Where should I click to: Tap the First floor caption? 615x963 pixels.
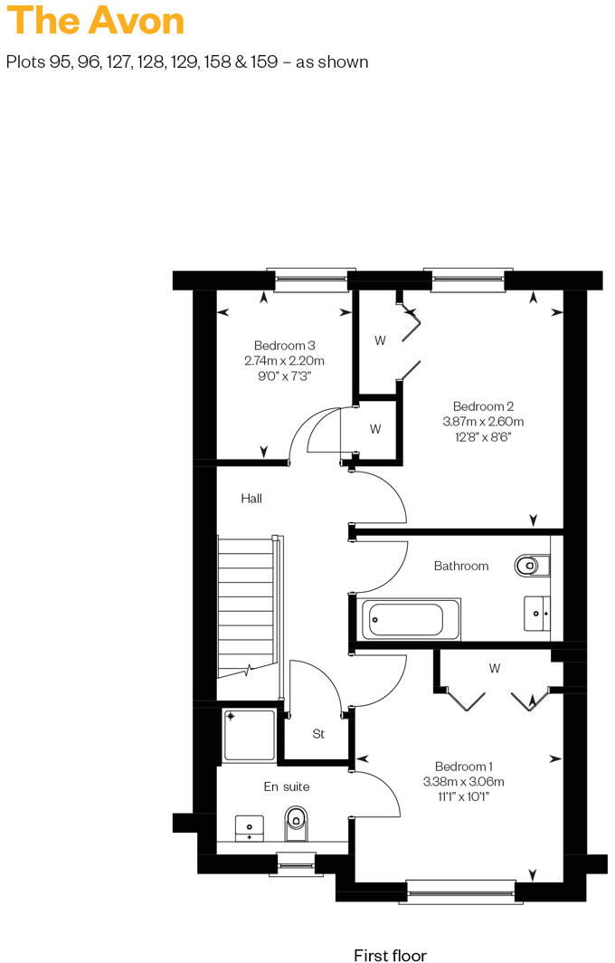(390, 954)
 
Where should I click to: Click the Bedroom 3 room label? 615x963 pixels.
(284, 346)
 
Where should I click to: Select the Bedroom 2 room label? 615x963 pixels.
(483, 406)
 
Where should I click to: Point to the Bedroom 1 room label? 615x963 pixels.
(463, 765)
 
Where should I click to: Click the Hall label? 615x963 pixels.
(251, 498)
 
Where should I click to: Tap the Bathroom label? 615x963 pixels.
(461, 566)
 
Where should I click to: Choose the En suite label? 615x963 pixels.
(287, 787)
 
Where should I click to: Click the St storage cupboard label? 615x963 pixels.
(318, 734)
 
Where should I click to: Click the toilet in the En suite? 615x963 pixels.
(296, 823)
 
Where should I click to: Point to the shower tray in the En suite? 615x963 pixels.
(249, 734)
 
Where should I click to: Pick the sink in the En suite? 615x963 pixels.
(250, 827)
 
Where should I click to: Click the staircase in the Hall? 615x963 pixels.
(246, 606)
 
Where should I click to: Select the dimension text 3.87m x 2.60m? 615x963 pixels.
(483, 422)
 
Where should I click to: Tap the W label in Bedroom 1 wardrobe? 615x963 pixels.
(495, 669)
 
